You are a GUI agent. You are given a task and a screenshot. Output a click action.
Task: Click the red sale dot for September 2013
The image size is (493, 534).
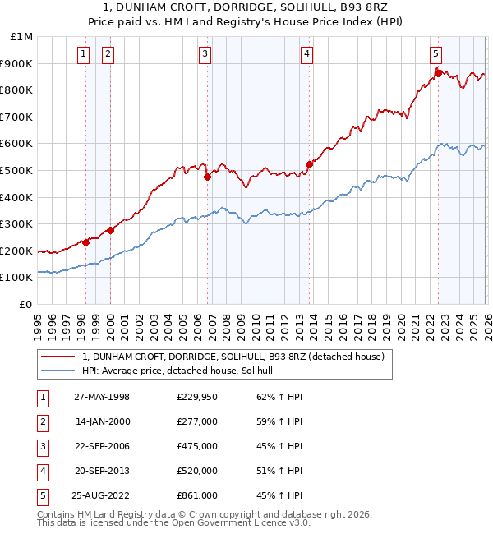click(309, 164)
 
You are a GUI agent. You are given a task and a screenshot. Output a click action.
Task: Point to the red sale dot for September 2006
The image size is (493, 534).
click(207, 177)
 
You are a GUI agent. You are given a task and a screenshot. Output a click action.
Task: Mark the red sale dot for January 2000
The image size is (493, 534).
click(110, 230)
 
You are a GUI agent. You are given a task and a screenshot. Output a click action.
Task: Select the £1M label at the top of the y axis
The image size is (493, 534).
click(22, 36)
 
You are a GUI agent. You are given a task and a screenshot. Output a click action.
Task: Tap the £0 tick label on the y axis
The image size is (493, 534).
click(26, 304)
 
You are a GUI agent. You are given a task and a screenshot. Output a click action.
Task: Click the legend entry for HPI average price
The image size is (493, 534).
click(182, 371)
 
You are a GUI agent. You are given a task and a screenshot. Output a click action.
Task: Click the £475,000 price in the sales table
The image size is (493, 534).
click(196, 446)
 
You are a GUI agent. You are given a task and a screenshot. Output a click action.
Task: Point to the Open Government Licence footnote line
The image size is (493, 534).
click(173, 522)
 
